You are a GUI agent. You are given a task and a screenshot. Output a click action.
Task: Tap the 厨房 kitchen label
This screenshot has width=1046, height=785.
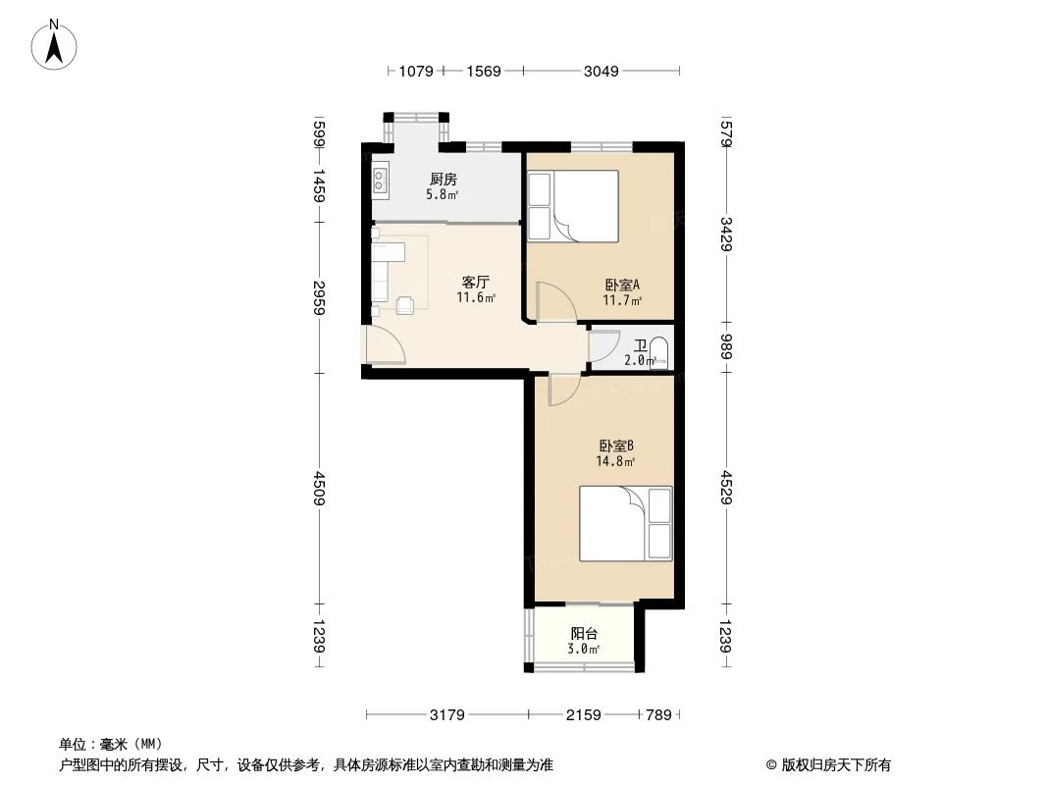point(443,180)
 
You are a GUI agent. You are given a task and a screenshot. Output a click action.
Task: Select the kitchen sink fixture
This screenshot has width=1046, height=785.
point(381,180)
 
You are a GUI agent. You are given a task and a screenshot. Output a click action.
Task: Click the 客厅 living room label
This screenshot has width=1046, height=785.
point(476,282)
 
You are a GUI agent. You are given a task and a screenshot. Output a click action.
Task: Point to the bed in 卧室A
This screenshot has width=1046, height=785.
point(573,206)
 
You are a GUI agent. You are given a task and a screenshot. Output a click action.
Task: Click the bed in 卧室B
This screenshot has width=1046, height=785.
point(625,523)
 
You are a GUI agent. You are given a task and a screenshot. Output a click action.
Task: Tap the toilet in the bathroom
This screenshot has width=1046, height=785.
point(659,353)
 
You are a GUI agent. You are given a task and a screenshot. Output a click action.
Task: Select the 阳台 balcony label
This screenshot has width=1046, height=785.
point(584,634)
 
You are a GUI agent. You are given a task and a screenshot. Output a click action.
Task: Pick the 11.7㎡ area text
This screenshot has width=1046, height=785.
point(624,301)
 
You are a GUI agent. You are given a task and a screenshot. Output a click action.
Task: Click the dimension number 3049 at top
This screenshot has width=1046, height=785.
point(601,71)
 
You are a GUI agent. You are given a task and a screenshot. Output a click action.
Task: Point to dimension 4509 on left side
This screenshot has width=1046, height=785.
point(318,488)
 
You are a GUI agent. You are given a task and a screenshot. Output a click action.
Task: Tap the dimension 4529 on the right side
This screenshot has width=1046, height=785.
point(727,488)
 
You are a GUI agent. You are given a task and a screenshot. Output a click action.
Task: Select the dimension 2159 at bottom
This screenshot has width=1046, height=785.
point(583,714)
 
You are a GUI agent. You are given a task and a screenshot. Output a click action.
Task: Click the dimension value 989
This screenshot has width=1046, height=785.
point(727,346)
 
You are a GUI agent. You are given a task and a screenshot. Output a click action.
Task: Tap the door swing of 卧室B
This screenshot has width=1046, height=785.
point(563,390)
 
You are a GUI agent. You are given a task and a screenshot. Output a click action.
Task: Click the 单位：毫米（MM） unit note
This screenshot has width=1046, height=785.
point(111,744)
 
